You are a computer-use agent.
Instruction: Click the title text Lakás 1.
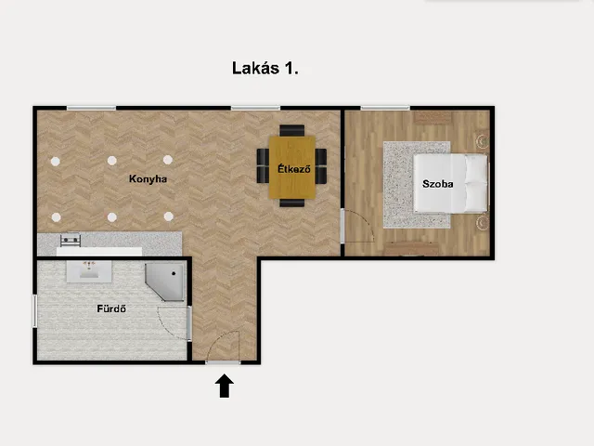click(265, 68)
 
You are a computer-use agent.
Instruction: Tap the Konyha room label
click(148, 178)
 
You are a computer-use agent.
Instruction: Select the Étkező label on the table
click(294, 169)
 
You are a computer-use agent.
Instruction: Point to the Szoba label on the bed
click(437, 184)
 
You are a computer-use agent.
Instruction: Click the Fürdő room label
click(111, 308)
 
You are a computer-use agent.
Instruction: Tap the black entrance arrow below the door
click(225, 386)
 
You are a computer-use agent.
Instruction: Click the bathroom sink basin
click(89, 271)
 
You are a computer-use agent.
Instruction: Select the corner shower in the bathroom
click(165, 282)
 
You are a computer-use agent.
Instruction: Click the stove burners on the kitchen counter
click(71, 240)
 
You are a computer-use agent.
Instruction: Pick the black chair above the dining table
click(292, 130)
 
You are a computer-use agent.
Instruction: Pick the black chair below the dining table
click(292, 203)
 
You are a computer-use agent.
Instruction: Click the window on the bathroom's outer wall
click(35, 311)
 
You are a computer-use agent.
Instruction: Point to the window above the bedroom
click(385, 108)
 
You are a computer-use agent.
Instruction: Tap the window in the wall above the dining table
click(256, 108)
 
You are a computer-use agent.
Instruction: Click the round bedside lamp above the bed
click(483, 141)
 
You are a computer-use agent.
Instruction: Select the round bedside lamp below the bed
click(483, 223)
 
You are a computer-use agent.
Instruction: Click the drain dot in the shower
click(174, 273)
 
